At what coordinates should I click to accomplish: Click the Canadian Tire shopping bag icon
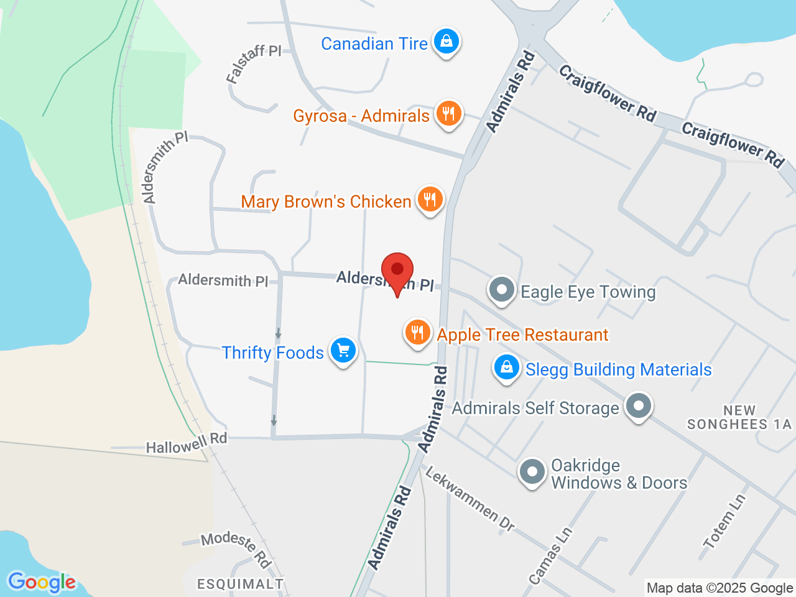[x=446, y=42]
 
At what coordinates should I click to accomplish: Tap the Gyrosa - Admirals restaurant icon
[x=448, y=114]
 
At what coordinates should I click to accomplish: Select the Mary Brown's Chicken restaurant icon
[x=429, y=200]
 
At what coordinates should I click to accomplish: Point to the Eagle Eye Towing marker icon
[x=501, y=290]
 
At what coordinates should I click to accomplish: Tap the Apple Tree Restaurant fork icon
[x=417, y=333]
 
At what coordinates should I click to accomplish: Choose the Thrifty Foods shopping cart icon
[x=343, y=351]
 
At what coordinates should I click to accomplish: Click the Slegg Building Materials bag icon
[x=507, y=368]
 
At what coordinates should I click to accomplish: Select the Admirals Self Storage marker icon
[x=638, y=406]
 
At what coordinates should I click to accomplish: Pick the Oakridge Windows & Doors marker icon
[x=532, y=473]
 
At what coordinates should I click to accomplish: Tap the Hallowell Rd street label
[x=187, y=443]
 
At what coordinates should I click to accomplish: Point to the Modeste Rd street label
[x=236, y=548]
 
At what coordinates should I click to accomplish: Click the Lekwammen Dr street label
[x=470, y=499]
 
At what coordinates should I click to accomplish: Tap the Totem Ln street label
[x=724, y=521]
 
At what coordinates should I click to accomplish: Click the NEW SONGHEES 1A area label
[x=739, y=417]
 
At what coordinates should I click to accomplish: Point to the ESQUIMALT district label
[x=240, y=584]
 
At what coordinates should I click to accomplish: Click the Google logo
[x=42, y=583]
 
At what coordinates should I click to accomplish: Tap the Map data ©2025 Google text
[x=720, y=588]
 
